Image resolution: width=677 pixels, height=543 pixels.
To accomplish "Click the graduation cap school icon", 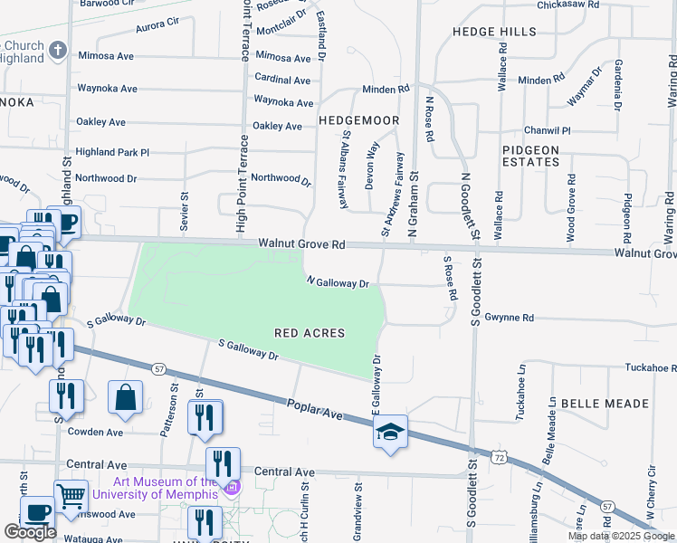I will [390, 433].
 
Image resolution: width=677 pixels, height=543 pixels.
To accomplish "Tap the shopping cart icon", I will [71, 494].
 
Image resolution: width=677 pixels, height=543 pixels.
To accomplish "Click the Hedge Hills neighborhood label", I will [494, 32].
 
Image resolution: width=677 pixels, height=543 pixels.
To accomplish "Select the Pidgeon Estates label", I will [531, 155].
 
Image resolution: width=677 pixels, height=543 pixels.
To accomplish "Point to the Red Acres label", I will [310, 333].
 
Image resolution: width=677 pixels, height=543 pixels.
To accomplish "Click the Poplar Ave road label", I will [316, 408].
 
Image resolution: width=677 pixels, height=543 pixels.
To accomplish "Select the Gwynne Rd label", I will [510, 318].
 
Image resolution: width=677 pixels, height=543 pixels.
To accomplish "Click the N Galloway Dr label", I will [338, 282].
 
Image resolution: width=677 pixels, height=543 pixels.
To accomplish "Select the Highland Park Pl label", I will [112, 152].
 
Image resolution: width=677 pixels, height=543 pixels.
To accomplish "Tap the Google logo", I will [30, 532].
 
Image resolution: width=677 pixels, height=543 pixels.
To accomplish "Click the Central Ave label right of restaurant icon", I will [284, 472].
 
